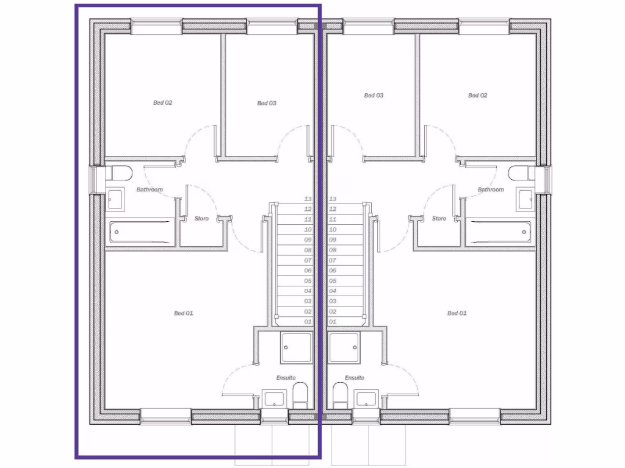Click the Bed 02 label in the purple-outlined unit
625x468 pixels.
tap(162, 103)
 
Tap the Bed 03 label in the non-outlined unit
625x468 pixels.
tap(374, 96)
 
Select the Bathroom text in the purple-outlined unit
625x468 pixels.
tap(150, 190)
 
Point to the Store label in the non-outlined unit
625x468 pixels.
tap(439, 218)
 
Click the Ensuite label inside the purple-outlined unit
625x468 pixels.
tap(286, 378)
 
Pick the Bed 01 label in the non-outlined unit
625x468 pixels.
tap(457, 313)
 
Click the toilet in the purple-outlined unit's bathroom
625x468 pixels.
tap(120, 174)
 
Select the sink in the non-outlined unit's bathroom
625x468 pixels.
tap(524, 199)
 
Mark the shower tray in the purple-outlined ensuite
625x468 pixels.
tap(296, 347)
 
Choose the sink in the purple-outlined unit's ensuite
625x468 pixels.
tap(273, 400)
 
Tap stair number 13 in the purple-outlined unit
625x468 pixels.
tap(308, 199)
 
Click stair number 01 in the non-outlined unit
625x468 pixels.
tap(333, 322)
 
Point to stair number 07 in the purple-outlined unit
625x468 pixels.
tap(308, 260)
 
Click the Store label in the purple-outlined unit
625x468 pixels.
tap(201, 218)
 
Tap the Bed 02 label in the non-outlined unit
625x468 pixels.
tap(477, 96)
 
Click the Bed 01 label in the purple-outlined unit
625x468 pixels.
tap(183, 313)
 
